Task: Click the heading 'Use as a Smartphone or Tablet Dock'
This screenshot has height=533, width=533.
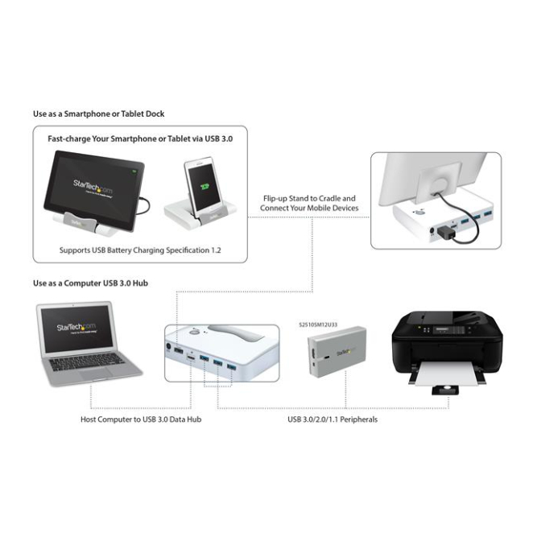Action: [98, 114]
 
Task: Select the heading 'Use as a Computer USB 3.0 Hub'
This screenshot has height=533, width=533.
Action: [90, 283]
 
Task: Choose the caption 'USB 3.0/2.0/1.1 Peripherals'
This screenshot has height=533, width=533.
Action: [333, 419]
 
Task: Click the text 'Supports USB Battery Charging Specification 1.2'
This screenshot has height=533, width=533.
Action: [140, 250]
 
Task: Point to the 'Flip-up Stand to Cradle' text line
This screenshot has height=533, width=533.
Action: [308, 198]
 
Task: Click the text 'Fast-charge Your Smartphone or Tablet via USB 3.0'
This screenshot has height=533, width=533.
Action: [140, 138]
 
